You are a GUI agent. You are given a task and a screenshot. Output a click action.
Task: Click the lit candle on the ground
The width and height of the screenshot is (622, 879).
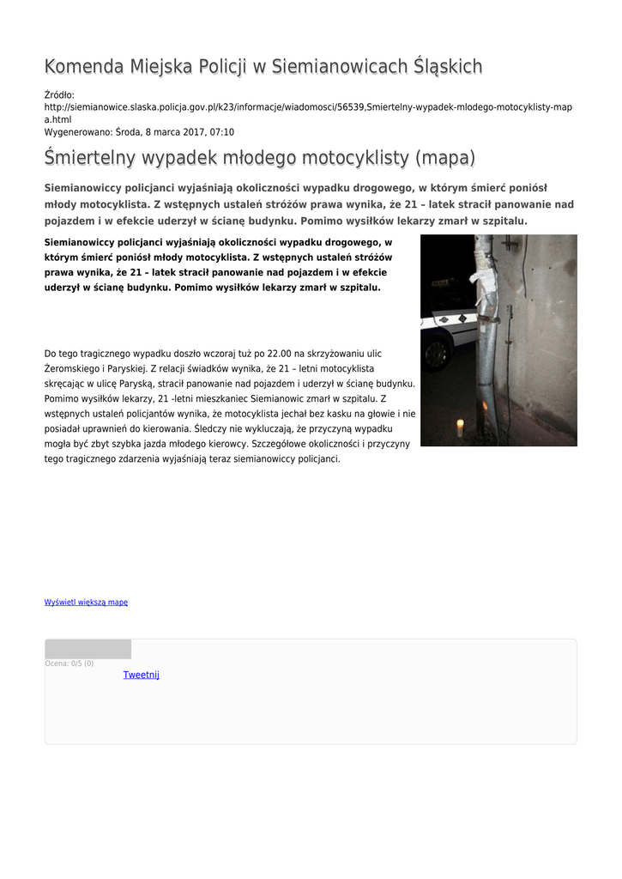pos(460,427)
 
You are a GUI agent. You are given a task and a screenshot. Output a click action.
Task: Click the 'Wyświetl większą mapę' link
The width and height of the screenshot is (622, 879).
pos(86,603)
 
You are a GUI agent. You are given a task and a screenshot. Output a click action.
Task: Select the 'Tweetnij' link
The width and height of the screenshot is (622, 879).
pos(141,675)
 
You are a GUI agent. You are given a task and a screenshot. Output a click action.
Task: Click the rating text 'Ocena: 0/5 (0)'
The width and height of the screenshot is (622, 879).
pos(69,664)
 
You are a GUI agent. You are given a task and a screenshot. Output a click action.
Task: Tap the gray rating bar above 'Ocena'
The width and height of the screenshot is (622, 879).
pos(88,649)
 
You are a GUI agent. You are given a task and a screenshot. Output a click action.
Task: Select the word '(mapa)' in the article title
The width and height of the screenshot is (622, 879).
pos(421,159)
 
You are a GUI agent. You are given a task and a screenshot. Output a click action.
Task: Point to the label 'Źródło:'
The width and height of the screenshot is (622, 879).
pos(59,94)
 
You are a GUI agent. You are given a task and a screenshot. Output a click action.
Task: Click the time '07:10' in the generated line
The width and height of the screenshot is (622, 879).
pos(220,132)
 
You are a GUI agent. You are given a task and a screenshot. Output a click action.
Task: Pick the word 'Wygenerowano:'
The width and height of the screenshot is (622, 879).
pos(77,132)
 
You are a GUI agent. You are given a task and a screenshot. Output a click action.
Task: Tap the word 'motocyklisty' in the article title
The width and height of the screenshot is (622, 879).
pos(331,159)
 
